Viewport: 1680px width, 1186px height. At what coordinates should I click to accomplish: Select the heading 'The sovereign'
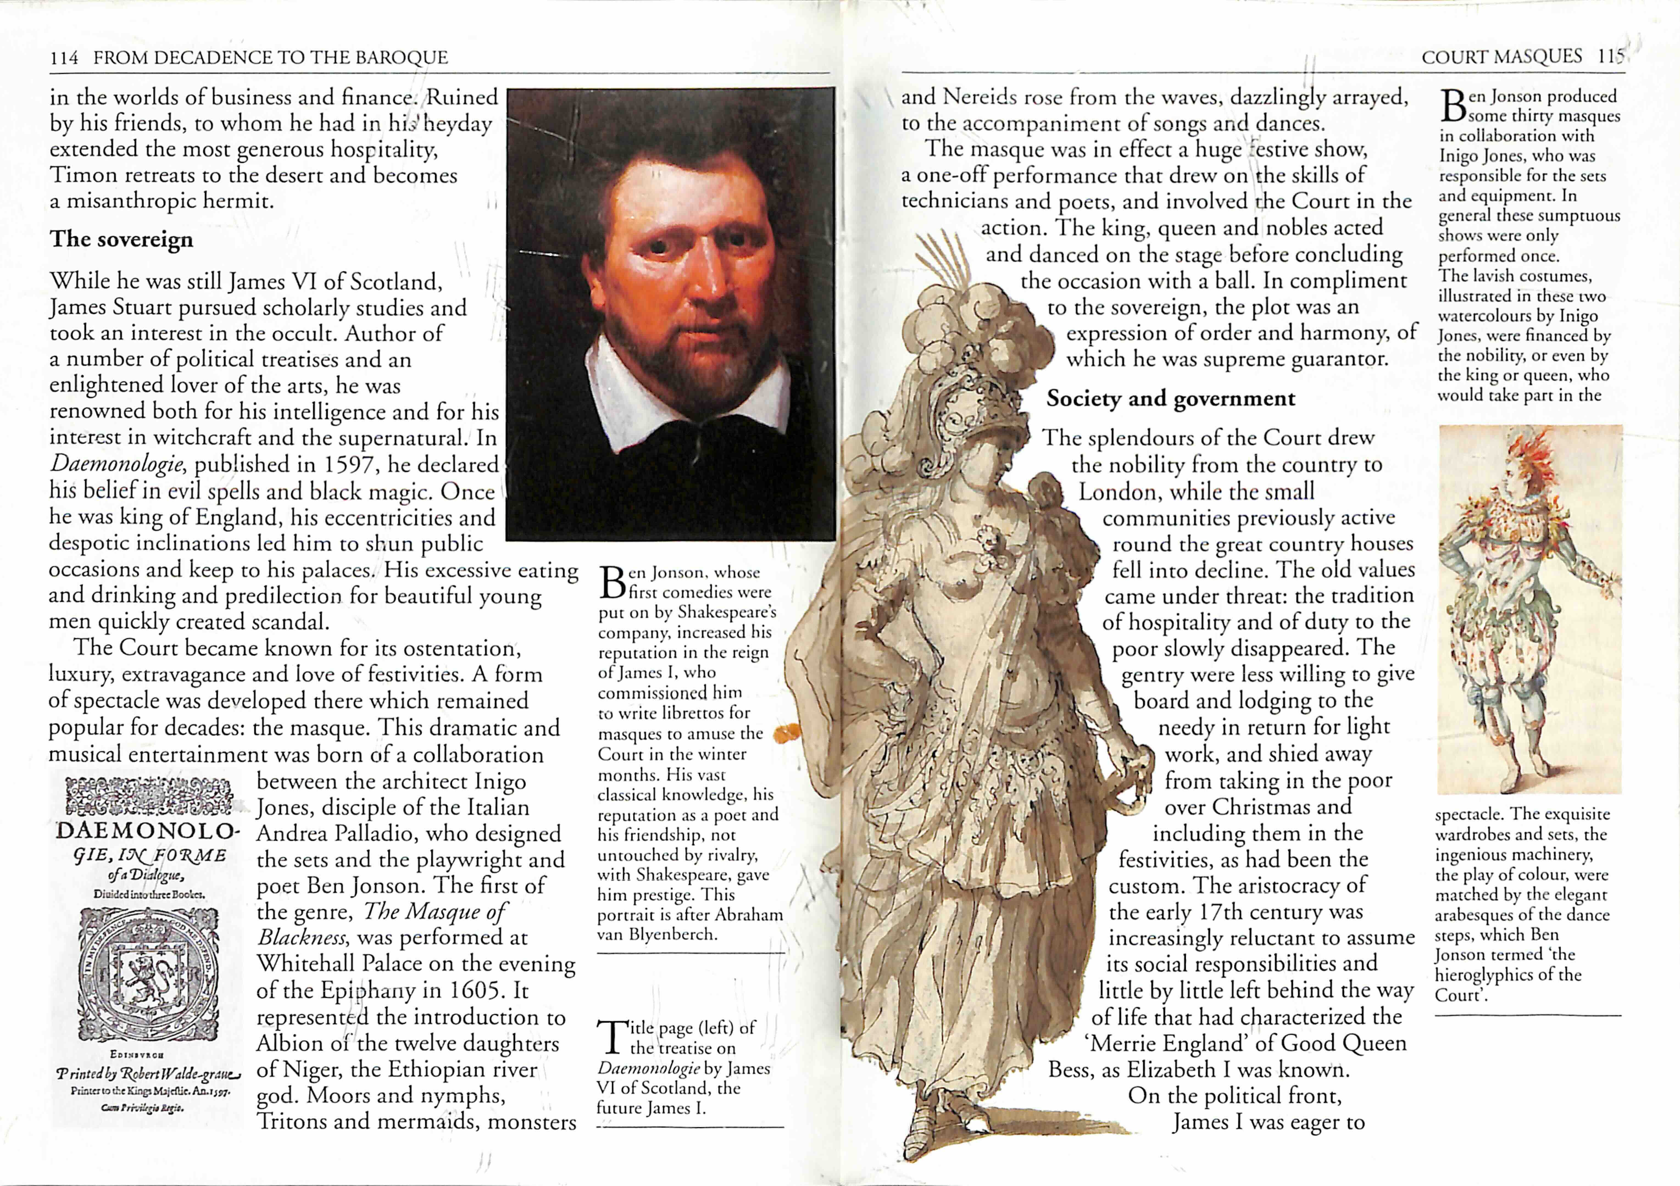[121, 239]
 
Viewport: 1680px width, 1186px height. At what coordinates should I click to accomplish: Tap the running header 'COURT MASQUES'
[1501, 56]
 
